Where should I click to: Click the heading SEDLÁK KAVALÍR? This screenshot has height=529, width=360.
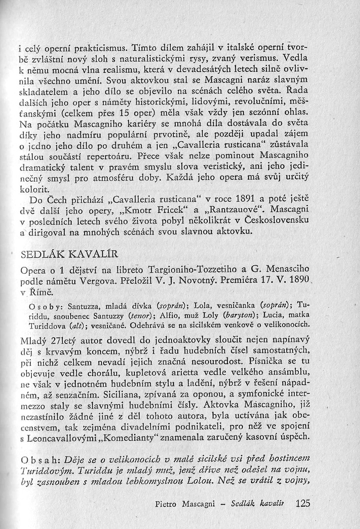(x=70, y=255)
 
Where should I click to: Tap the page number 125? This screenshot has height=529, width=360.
(x=302, y=503)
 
